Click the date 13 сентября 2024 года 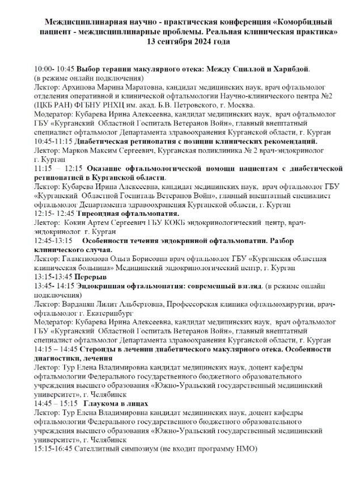pos(186,42)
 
